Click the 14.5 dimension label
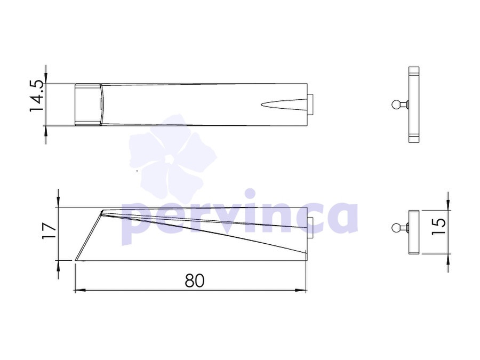(x=36, y=96)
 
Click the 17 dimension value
(x=49, y=231)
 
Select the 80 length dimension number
(x=194, y=281)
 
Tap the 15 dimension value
(x=438, y=227)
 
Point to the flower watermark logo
(x=172, y=156)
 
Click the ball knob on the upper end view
(x=396, y=105)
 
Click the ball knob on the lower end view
(x=396, y=228)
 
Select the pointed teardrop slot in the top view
(x=284, y=105)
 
